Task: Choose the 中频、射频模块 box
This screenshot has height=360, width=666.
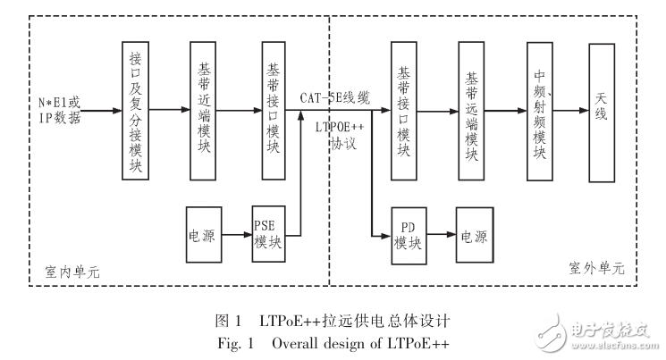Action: [539, 112]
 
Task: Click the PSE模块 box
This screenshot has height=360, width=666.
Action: [266, 236]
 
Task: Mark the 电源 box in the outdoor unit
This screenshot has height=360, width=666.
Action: [474, 237]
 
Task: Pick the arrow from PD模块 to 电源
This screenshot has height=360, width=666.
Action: [441, 237]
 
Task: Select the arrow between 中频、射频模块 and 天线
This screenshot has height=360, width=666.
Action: [570, 111]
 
